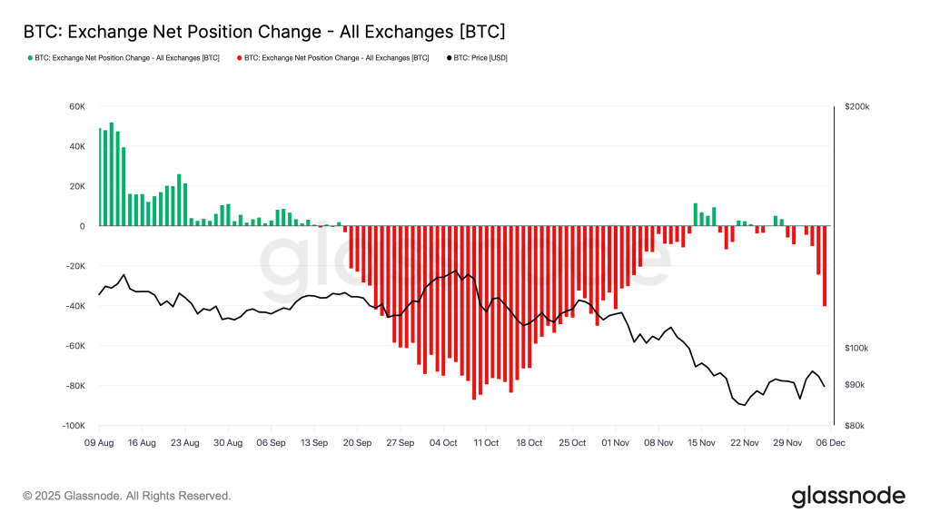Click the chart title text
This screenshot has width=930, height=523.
(x=263, y=31)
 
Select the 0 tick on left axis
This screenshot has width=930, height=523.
(x=82, y=226)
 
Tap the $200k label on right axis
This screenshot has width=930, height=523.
(x=856, y=106)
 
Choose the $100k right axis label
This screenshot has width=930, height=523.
(x=856, y=349)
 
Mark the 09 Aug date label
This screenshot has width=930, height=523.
(x=99, y=443)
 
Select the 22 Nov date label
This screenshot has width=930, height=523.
(x=745, y=443)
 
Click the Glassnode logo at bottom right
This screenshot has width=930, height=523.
(x=847, y=496)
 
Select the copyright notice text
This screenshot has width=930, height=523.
(x=127, y=496)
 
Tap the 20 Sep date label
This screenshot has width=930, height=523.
(x=357, y=443)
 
